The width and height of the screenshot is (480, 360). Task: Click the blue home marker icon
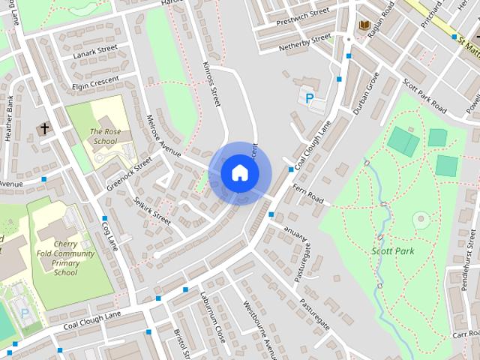[x=239, y=172]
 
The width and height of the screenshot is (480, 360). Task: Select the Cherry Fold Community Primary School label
[x=64, y=259]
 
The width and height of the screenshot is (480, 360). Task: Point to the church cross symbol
[x=43, y=129]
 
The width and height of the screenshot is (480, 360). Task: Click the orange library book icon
[x=364, y=25]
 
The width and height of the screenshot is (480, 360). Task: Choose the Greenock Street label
[x=129, y=172]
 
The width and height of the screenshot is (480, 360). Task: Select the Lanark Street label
[x=96, y=50]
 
